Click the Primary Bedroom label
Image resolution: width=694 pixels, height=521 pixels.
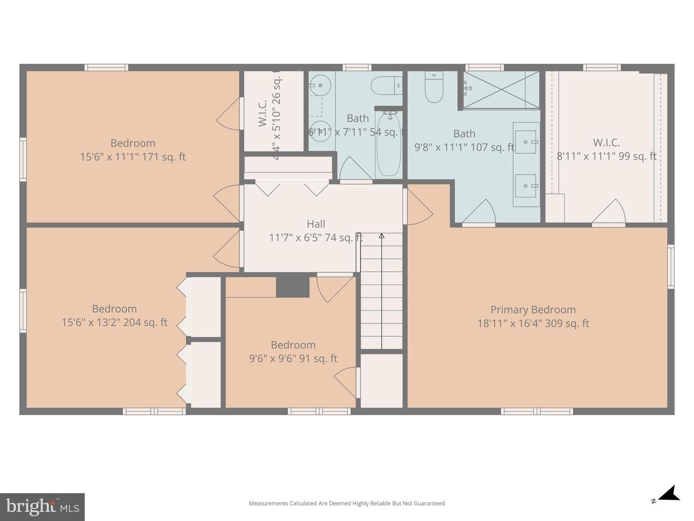533,310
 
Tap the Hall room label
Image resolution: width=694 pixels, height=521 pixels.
316,224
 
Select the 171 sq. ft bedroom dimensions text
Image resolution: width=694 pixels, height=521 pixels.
133,157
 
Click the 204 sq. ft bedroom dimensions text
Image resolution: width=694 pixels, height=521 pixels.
114,322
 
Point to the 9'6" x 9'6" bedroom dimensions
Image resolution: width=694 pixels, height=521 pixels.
293,358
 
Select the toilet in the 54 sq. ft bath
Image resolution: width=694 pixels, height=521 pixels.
386,86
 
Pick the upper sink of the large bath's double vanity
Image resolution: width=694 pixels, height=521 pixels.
526,142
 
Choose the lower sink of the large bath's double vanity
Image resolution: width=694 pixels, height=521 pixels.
526,186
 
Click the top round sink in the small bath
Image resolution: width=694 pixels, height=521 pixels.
320,87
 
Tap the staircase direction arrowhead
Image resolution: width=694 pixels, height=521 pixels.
382,236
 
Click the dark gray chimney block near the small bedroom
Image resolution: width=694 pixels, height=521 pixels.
293,286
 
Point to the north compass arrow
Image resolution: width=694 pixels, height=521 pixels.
669,494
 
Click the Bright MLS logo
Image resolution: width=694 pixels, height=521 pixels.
42,507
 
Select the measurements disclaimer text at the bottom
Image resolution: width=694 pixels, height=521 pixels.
347,503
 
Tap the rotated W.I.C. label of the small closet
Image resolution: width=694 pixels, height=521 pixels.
263,113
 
